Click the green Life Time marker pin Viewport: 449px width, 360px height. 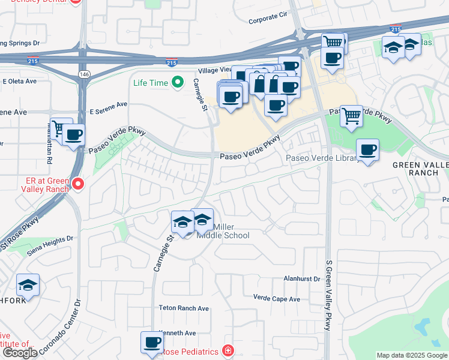pos(177,83)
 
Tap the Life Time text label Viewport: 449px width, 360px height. pos(151,83)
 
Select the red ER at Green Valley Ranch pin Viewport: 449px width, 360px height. pos(77,183)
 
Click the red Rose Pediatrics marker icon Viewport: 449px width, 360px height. pos(228,350)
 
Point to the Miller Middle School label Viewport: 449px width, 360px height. pos(223,231)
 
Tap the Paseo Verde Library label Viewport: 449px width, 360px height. pos(322,158)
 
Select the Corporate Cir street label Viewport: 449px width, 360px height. pos(270,20)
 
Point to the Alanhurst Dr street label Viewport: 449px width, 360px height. pos(303,280)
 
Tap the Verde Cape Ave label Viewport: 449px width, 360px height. pos(276,298)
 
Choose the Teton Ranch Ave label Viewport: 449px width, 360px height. pos(184,308)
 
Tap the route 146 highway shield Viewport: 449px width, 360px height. pos(82,73)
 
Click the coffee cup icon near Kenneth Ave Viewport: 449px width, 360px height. pos(152,342)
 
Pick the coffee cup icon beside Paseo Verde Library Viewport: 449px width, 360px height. pos(367,149)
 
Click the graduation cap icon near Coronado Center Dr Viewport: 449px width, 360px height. pos(28,285)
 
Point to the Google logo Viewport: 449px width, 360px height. pos(20,353)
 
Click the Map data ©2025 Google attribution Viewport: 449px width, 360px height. pos(412,355)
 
